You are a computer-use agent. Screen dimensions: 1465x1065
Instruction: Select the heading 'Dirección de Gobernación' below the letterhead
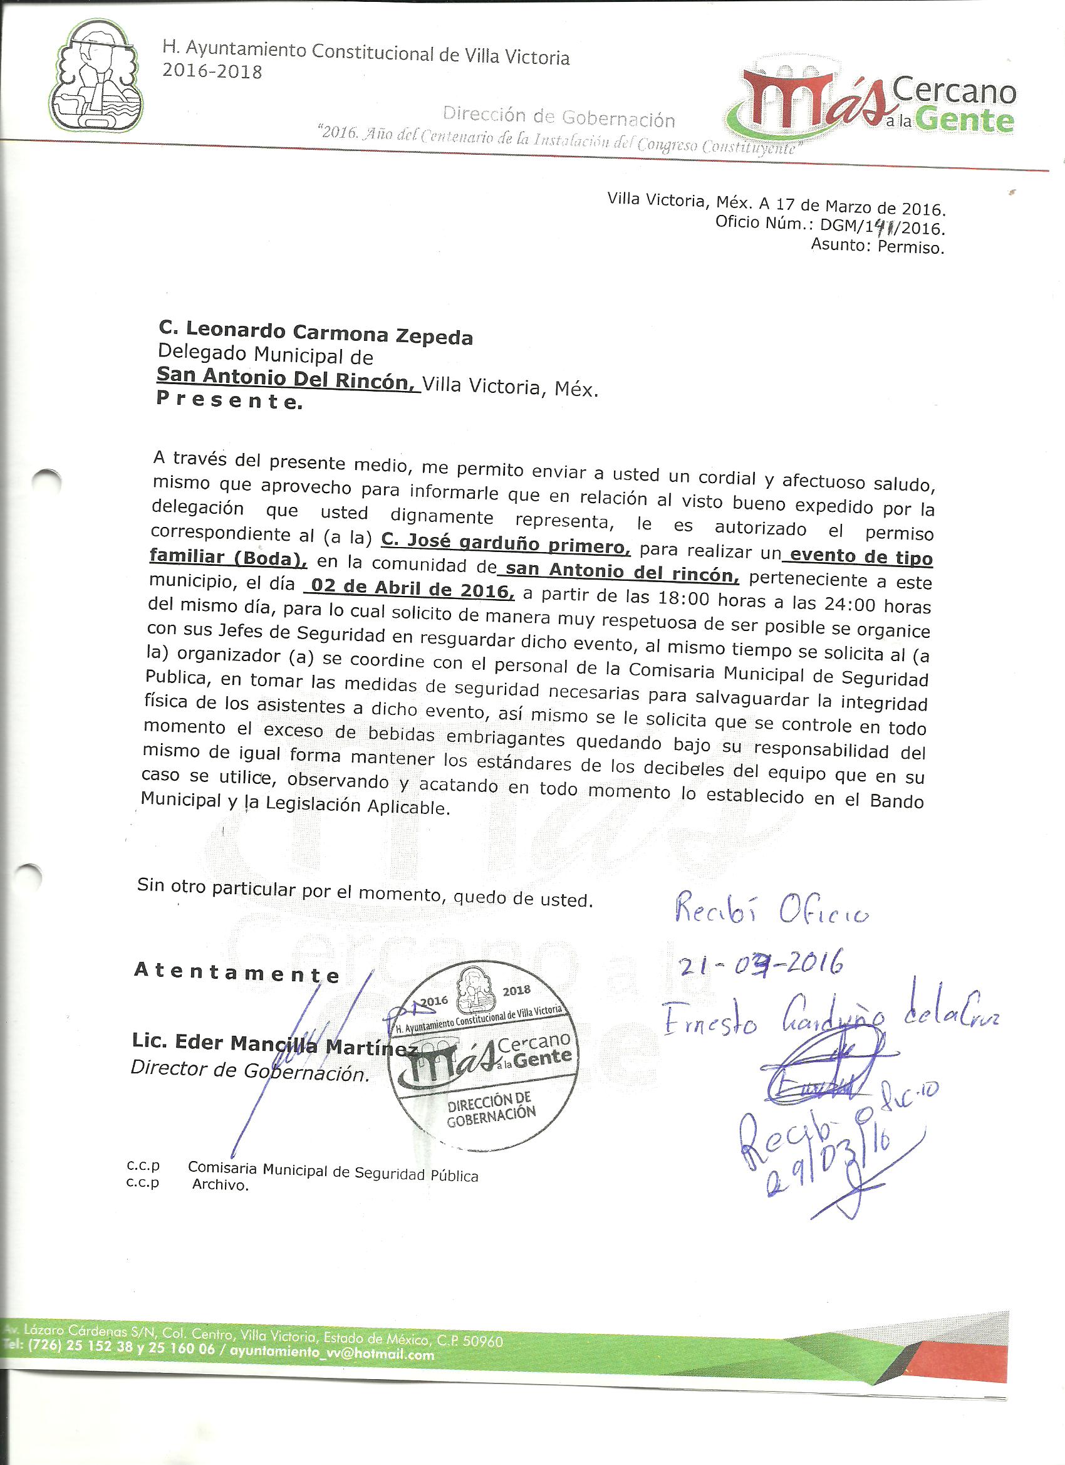(x=558, y=118)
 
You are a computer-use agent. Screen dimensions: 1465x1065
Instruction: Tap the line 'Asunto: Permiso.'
(x=877, y=246)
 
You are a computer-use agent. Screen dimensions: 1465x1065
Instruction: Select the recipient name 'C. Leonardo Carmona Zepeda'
(x=316, y=333)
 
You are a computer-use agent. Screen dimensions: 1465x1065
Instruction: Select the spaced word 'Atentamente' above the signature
(x=236, y=972)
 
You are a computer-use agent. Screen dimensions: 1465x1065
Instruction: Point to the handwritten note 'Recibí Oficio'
(x=771, y=913)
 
